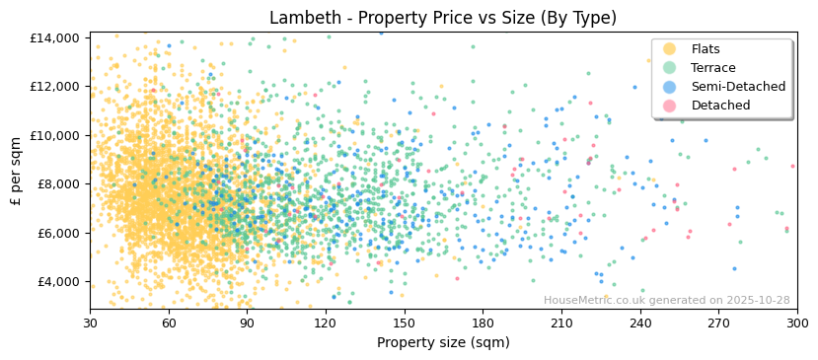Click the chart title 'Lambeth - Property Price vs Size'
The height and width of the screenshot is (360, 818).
coord(443,18)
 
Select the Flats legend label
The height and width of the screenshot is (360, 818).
coord(705,49)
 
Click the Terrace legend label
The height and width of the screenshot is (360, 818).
coord(712,68)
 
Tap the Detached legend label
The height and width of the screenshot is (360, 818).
coord(720,106)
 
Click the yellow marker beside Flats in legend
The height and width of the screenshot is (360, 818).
coord(669,49)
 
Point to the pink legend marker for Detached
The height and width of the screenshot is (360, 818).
coord(669,106)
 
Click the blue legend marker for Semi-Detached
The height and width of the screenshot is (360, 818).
coord(669,87)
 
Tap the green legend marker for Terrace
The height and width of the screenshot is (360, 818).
coord(669,68)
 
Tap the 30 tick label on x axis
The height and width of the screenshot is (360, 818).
coord(90,324)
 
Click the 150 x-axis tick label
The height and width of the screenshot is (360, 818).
coord(404,324)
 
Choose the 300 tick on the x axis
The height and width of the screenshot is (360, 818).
coord(796,324)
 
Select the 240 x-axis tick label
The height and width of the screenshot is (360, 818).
coord(639,324)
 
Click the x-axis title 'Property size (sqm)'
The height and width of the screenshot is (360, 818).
coord(443,343)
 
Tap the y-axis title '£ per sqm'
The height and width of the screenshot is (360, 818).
coord(17,172)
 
